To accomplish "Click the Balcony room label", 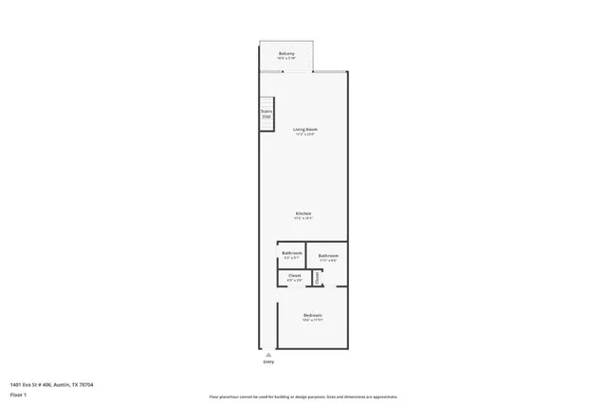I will (x=286, y=53).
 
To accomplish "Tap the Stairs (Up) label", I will (x=267, y=113).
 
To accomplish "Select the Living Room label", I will (x=304, y=129).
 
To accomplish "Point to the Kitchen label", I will (x=303, y=213).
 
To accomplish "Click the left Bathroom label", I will (x=292, y=252).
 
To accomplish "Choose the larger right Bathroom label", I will (x=328, y=255).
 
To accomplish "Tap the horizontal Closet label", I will (x=295, y=275).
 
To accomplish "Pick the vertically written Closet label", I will (x=317, y=278).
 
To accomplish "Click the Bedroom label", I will (x=313, y=315).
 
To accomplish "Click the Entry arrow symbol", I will (x=267, y=353).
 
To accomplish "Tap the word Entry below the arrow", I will (x=267, y=361).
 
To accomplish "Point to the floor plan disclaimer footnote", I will (x=303, y=396).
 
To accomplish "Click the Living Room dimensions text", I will (x=304, y=135).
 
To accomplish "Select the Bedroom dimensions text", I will (x=313, y=320).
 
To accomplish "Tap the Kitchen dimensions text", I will (x=303, y=219).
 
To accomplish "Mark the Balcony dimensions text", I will (x=286, y=59).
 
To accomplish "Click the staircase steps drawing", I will (x=267, y=121).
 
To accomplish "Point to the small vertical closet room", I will (x=317, y=278).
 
